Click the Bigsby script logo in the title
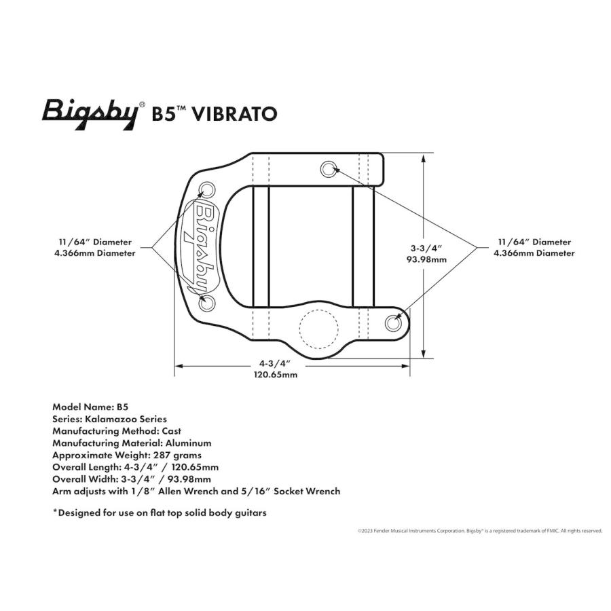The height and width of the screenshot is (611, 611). [90, 115]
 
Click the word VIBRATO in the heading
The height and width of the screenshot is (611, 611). [235, 114]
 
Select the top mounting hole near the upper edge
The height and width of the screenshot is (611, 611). [329, 170]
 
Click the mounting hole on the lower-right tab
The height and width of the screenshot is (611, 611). [393, 323]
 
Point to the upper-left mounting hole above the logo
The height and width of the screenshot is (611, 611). [206, 190]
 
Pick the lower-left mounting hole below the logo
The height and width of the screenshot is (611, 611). [206, 302]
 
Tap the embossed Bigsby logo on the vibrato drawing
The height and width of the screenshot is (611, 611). [202, 248]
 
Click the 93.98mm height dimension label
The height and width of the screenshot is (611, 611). [426, 260]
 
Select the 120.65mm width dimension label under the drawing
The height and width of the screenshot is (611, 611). [276, 375]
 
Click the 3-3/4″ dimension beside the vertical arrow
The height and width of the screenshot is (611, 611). [427, 248]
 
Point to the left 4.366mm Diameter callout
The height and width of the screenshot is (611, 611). [95, 253]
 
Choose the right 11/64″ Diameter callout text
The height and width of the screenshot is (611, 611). [534, 242]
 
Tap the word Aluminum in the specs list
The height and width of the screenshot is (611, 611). [188, 443]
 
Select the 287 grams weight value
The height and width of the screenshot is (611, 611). [177, 456]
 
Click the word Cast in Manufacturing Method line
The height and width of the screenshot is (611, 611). [172, 431]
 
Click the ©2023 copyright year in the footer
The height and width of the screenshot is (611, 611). [365, 531]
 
